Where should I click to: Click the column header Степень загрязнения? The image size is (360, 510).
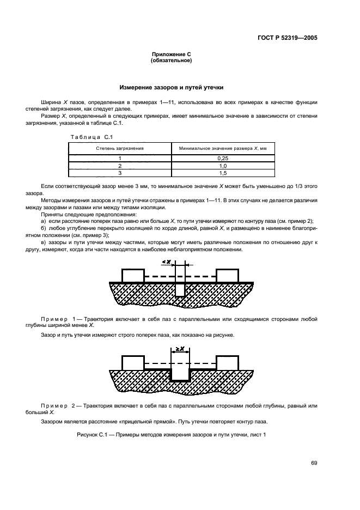tap(120, 148)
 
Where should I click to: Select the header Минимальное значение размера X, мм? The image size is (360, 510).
tap(223, 148)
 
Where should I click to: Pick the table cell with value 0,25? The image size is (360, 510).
tap(223, 157)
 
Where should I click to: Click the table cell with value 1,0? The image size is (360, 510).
tap(223, 165)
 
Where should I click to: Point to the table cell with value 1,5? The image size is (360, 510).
tap(223, 173)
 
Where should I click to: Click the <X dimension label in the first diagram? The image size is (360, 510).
tap(167, 262)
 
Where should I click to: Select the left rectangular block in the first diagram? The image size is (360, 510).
tap(133, 276)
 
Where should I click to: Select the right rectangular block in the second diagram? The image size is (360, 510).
tap(227, 362)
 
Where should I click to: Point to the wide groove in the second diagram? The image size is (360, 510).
tap(180, 374)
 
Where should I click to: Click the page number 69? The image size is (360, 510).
tap(314, 463)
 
